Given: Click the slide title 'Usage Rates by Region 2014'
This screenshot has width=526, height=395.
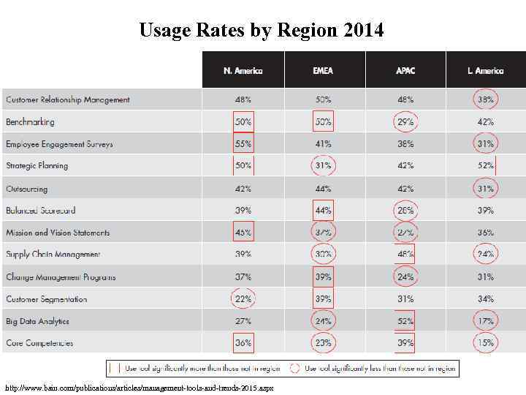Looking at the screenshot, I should pos(261,30).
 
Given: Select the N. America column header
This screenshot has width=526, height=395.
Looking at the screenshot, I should pos(243,71).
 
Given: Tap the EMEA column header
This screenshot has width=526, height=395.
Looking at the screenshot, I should pos(323,71).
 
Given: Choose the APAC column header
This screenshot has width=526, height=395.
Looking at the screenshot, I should pos(405,71).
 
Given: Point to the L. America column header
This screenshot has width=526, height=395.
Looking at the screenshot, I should pos(485,71).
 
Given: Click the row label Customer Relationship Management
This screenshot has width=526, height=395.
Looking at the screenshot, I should pos(68,99).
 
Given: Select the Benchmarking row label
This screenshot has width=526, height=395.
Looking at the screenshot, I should pos(30,121).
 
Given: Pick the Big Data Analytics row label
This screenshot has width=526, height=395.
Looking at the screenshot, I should pos(38,321).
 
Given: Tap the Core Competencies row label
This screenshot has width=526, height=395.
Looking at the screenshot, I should pos(39,343).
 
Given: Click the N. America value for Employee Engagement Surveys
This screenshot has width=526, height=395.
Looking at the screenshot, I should pos(243,144).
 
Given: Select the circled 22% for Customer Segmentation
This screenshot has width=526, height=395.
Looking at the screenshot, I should pos(243,299).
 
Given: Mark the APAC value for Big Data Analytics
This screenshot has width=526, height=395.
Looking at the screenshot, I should pos(405,321).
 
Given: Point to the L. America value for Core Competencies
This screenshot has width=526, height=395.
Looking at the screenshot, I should pos(485,343).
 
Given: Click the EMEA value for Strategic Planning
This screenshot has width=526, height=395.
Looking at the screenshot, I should pos(323,166).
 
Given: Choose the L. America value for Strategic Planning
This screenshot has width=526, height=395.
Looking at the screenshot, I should pos(485,166).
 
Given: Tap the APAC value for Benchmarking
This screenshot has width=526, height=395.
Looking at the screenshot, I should pos(405,121).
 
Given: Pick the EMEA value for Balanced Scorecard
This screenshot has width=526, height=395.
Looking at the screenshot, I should pos(323,211).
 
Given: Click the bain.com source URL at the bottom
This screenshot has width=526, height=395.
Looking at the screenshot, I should pos(139,388).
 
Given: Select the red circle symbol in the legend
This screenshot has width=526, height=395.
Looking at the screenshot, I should pos(295,368).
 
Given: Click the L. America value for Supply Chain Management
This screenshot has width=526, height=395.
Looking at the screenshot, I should pos(485,255).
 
